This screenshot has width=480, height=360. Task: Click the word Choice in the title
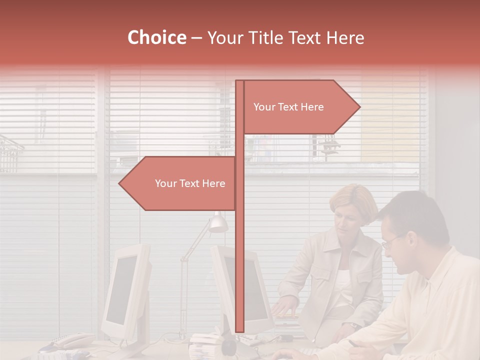(x=156, y=37)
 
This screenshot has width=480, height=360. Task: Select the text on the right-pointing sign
(x=288, y=107)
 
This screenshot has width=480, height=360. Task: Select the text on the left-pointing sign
(x=190, y=183)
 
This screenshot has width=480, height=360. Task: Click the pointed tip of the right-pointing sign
(x=359, y=107)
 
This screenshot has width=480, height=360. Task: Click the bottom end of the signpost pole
(x=239, y=331)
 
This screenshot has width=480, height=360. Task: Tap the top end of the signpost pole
(x=239, y=81)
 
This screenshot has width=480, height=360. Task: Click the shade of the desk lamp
(x=218, y=223)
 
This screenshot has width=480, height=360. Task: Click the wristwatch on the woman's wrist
(x=354, y=325)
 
